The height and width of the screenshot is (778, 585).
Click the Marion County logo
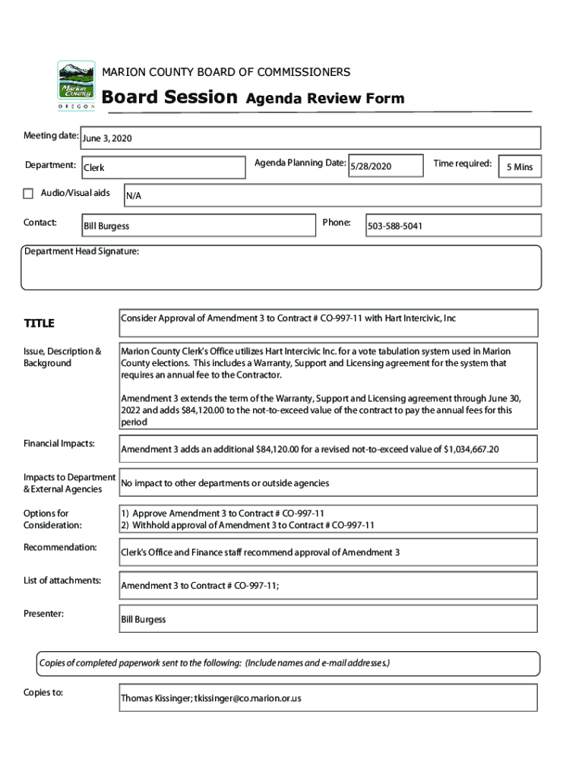click(x=76, y=85)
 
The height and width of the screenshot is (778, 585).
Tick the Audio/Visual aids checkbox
click(x=29, y=194)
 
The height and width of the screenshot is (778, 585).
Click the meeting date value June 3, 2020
click(x=107, y=138)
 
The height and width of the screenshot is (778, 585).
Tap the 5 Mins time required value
click(x=520, y=167)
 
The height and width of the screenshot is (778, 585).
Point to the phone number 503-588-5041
click(x=395, y=226)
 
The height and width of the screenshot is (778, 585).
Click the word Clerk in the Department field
click(x=94, y=167)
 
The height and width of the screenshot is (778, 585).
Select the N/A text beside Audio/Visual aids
click(x=134, y=196)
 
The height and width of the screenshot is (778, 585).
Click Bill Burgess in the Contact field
click(x=106, y=226)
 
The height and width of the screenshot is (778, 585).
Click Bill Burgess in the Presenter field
click(x=143, y=620)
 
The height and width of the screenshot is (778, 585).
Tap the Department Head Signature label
click(x=81, y=251)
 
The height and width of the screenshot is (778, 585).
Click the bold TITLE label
click(x=39, y=324)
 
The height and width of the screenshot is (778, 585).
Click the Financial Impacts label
click(x=58, y=443)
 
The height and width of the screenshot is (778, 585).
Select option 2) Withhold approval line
click(x=248, y=525)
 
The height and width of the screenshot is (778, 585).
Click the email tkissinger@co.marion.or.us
click(x=248, y=697)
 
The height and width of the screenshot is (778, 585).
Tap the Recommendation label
click(x=60, y=547)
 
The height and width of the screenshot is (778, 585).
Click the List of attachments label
click(x=62, y=580)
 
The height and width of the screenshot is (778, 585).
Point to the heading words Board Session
click(x=169, y=97)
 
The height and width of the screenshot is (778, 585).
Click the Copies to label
click(x=43, y=692)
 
